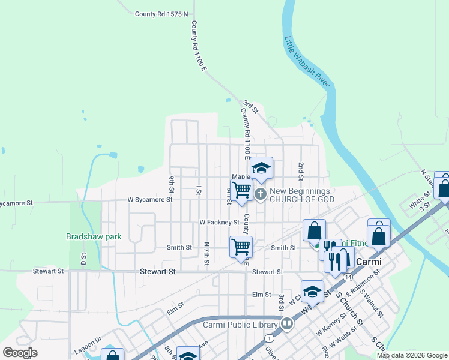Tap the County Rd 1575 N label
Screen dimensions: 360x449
(161, 14)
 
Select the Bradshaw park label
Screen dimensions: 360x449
(94, 236)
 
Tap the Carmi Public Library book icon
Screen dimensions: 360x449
(288, 325)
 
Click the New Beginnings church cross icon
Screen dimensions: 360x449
(261, 193)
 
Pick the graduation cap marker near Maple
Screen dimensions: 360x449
(261, 169)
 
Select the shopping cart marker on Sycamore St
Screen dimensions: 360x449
(241, 190)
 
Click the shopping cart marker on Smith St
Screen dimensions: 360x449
(241, 247)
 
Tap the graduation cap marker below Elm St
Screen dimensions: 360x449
(312, 292)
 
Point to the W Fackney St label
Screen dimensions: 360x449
(220, 222)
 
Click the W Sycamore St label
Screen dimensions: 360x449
(150, 200)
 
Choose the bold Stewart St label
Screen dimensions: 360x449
(157, 272)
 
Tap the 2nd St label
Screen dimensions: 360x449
(301, 171)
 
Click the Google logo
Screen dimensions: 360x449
(20, 353)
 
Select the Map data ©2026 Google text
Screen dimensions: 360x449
(411, 355)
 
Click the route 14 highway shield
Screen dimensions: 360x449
(348, 277)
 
